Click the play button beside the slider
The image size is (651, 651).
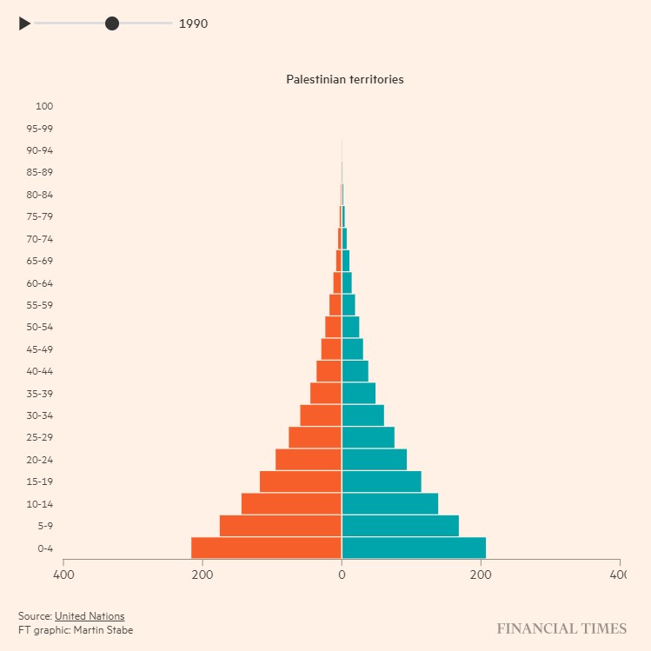point(24,23)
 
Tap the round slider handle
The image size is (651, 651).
point(112,23)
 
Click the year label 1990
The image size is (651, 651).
point(193,23)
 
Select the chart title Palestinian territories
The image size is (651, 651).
point(345,79)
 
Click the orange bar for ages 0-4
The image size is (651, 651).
point(266,548)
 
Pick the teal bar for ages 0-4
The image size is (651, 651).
point(414,548)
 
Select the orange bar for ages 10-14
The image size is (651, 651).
point(291,503)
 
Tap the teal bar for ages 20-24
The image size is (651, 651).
point(375,459)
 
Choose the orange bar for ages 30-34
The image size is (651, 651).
point(321,415)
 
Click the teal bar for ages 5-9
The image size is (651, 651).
point(400,526)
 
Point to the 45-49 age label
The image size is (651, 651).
point(39,349)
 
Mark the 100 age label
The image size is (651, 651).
point(44,106)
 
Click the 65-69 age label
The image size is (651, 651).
point(39,261)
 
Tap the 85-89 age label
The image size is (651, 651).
point(39,172)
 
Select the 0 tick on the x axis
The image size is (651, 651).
point(342,575)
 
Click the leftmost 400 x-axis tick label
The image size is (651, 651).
point(63,575)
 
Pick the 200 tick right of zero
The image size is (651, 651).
point(481,575)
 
